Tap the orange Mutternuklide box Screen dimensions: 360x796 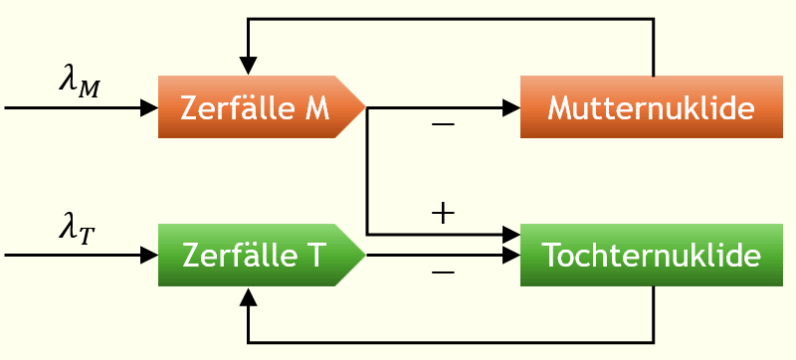tap(651, 106)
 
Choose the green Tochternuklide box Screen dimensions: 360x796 tap(651, 256)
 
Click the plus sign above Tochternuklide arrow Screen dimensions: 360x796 tap(442, 213)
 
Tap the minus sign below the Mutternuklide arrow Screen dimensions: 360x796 tap(442, 125)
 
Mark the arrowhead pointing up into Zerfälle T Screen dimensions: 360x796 tap(249, 295)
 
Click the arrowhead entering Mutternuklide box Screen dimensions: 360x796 tap(511, 106)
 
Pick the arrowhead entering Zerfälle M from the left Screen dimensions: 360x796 tap(150, 106)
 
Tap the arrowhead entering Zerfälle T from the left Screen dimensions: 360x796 tap(150, 256)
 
